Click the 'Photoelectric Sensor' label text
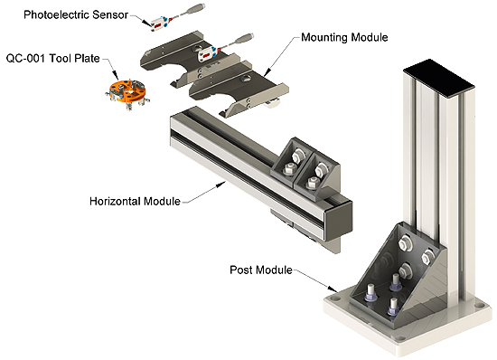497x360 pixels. pyautogui.click(x=76, y=14)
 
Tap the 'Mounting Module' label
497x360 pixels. pyautogui.click(x=344, y=37)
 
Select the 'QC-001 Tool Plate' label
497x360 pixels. pyautogui.click(x=53, y=59)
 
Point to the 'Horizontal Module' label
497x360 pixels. pyautogui.click(x=135, y=201)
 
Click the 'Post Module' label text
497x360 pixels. pyautogui.click(x=261, y=270)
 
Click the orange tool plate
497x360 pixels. pyautogui.click(x=127, y=92)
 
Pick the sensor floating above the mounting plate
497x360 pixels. pyautogui.click(x=160, y=23)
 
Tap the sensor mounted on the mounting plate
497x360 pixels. pyautogui.click(x=208, y=54)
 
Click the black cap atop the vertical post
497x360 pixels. pyautogui.click(x=439, y=75)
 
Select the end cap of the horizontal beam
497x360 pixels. pyautogui.click(x=339, y=219)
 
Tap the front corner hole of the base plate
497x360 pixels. pyautogui.click(x=399, y=338)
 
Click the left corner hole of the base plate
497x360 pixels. pyautogui.click(x=335, y=298)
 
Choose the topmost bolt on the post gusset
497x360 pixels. pyautogui.click(x=405, y=243)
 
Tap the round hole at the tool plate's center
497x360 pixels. pyautogui.click(x=129, y=91)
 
